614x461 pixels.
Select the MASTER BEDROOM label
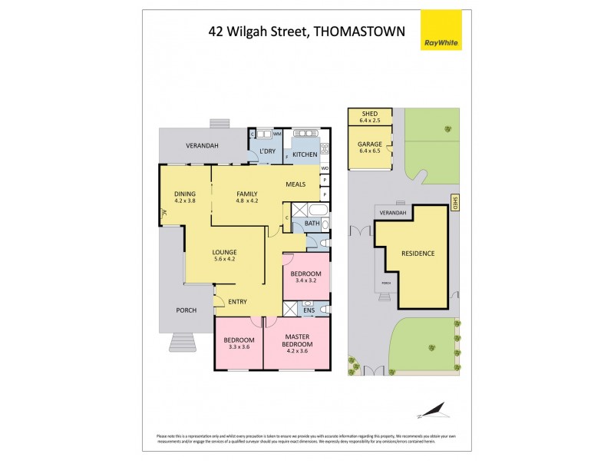point(296,340)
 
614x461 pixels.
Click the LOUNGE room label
point(224,252)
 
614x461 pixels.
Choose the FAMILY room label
point(246,193)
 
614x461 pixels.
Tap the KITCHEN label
point(305,154)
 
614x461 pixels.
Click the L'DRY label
point(267,151)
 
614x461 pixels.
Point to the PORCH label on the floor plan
point(186,310)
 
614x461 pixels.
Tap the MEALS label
point(296,184)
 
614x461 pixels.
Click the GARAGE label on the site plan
point(370,143)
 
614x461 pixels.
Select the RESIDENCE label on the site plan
point(418,254)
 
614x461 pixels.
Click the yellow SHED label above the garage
point(370,114)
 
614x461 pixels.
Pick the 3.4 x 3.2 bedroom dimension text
point(305,280)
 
